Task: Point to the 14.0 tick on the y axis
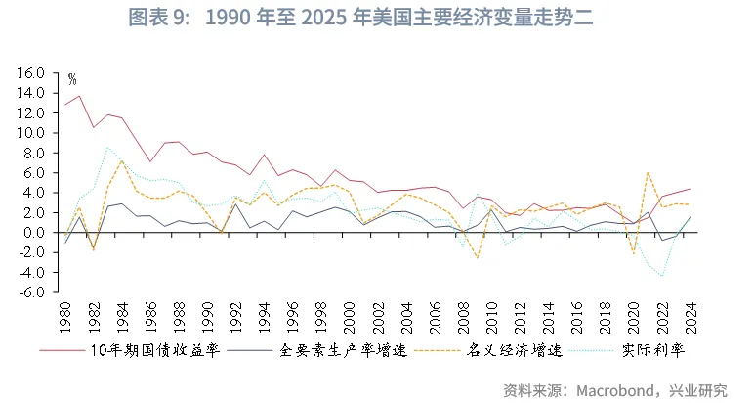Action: click(x=32, y=93)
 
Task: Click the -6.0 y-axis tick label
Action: click(x=32, y=291)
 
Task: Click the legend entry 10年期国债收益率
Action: click(x=153, y=349)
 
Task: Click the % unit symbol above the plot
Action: click(x=71, y=78)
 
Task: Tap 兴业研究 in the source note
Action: click(x=700, y=389)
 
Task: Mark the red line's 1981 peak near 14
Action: click(x=80, y=95)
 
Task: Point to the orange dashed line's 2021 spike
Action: click(x=647, y=172)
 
